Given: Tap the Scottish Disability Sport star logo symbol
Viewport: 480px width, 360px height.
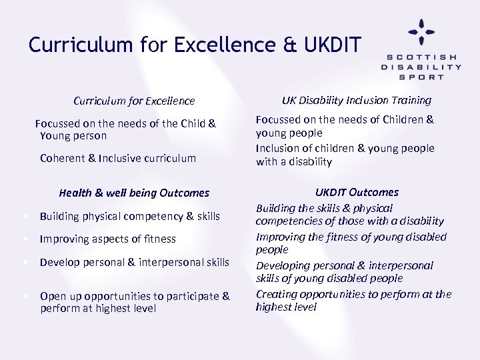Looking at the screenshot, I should pyautogui.click(x=421, y=31).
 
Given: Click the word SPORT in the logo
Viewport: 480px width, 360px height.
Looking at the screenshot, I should pyautogui.click(x=421, y=77).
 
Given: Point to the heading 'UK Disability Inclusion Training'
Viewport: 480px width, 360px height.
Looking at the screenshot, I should pyautogui.click(x=356, y=101).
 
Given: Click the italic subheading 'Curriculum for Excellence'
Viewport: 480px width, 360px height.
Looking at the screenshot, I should pyautogui.click(x=134, y=101).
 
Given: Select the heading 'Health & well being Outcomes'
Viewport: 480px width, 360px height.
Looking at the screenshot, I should pyautogui.click(x=134, y=193).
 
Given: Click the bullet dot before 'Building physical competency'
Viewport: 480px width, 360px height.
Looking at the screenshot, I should pyautogui.click(x=24, y=216).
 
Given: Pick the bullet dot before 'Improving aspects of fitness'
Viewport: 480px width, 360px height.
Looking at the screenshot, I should pyautogui.click(x=24, y=239).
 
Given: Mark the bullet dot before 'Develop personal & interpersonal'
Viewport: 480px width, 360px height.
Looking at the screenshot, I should pyautogui.click(x=24, y=262).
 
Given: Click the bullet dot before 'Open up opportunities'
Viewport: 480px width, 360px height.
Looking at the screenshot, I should pyautogui.click(x=24, y=295).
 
